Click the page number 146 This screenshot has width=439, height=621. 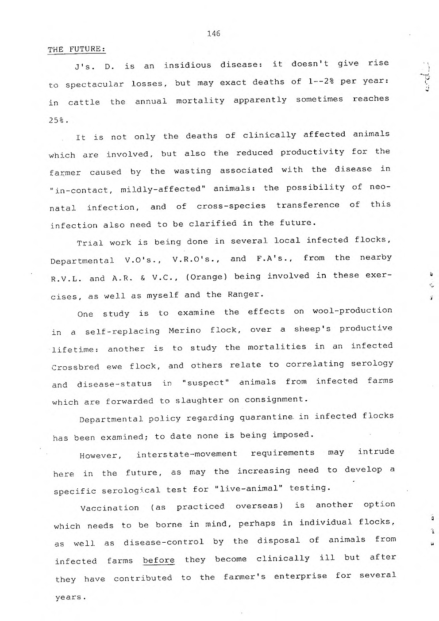pos(213,34)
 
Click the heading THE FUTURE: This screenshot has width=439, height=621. pos(76,49)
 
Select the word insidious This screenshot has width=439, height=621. pos(187,65)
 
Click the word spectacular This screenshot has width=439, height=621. pos(95,84)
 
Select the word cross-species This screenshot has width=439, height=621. pos(231,206)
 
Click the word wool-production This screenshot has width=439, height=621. pos(352,310)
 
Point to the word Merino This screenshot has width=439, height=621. pos(185,330)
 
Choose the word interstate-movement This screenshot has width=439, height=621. pos(187,454)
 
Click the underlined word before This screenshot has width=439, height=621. pos(158,560)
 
